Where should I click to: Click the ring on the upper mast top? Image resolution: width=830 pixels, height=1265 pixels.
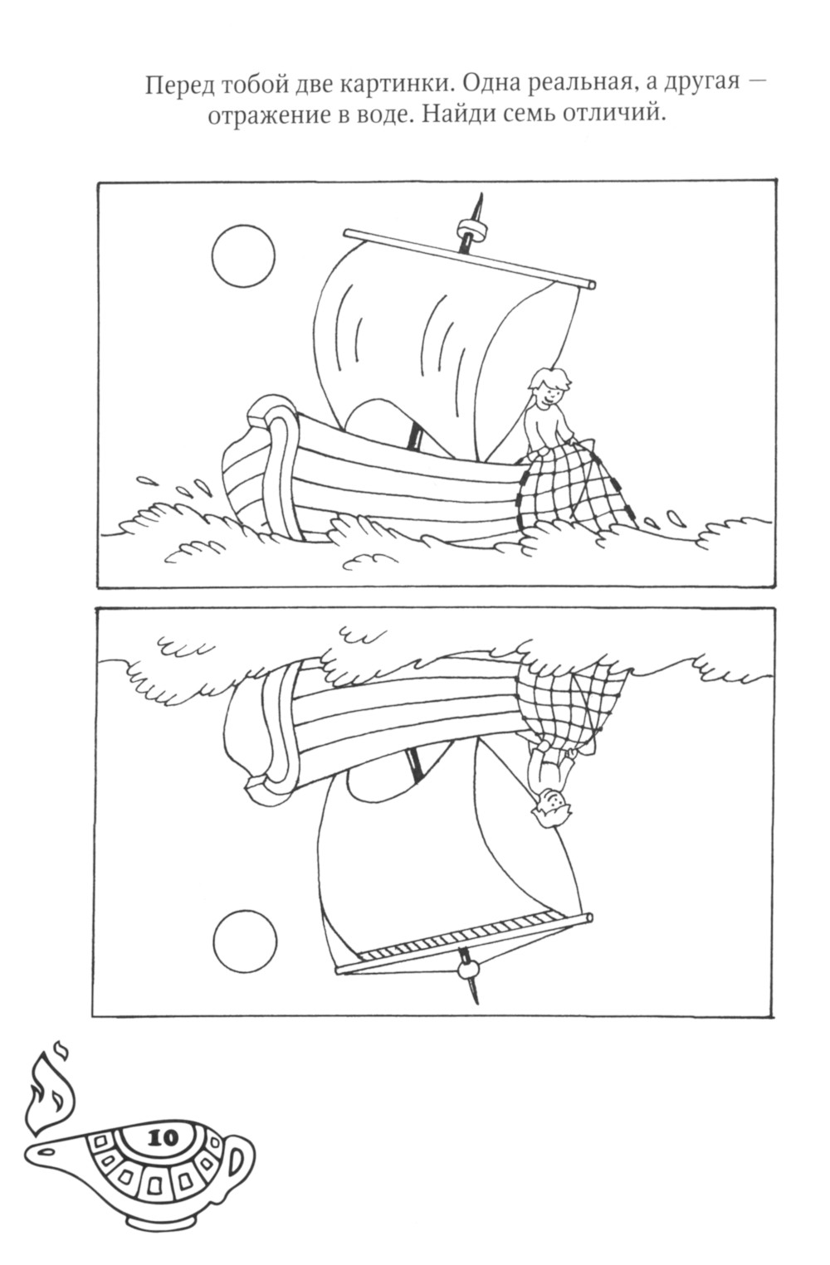click(472, 230)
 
